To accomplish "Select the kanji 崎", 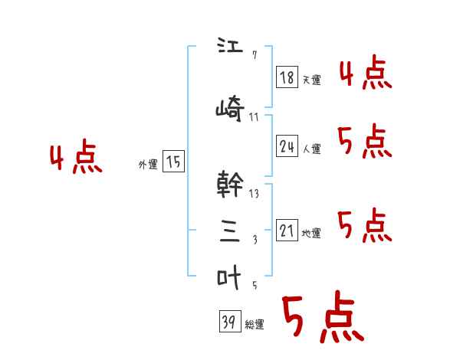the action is click(x=230, y=109).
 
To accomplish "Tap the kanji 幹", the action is click(x=231, y=184).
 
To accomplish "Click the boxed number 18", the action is click(x=287, y=77).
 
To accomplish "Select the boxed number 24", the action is click(x=287, y=147).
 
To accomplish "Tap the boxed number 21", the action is click(x=287, y=231).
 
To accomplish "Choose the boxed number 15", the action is click(x=173, y=162).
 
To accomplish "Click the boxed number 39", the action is click(x=228, y=322).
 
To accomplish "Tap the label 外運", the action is click(x=147, y=164).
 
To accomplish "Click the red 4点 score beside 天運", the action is click(x=366, y=74).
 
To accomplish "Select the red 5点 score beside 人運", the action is click(x=366, y=142).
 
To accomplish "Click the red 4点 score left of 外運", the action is click(x=75, y=159).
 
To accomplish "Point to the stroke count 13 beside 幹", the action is click(x=254, y=194).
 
